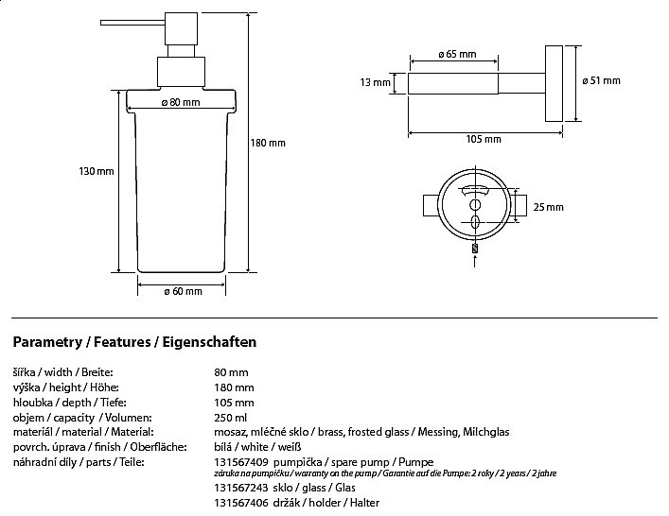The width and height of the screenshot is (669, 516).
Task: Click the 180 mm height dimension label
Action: [268, 143]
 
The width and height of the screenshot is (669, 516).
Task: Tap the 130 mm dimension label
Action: [97, 171]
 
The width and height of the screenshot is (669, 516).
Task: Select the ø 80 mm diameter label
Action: [181, 102]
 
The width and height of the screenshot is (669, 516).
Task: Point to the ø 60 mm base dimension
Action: [183, 291]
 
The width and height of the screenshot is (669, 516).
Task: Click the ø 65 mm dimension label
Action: [457, 54]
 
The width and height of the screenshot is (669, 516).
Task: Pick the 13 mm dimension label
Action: [375, 82]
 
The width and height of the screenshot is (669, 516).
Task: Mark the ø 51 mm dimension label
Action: [601, 80]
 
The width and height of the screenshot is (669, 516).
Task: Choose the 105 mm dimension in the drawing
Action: [484, 139]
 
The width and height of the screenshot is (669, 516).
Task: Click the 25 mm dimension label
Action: [548, 207]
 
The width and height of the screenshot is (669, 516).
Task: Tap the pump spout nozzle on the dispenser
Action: [132, 23]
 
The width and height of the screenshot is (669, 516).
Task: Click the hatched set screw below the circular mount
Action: [475, 248]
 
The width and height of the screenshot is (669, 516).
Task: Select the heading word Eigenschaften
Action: [209, 342]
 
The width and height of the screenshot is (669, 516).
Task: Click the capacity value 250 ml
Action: [230, 418]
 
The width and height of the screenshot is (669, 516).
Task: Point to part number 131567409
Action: [241, 462]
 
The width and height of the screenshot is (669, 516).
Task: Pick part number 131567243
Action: [241, 488]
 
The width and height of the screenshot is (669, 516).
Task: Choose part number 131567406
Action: [241, 503]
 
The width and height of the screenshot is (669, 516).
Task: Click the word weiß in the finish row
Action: [290, 447]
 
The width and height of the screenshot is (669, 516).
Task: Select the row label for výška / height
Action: [65, 387]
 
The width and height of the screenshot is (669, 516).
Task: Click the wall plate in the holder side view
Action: [554, 83]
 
